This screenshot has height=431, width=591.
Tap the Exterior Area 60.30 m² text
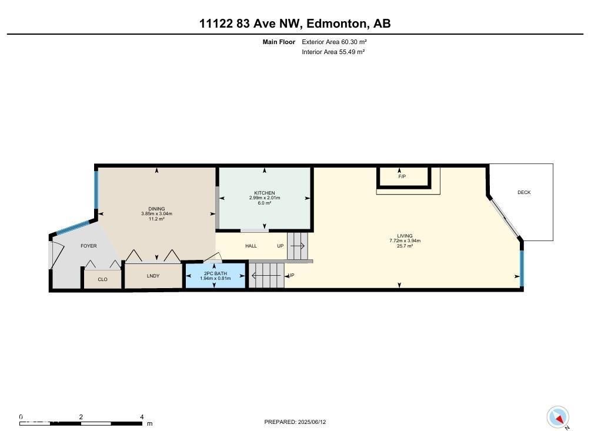[x=334, y=42]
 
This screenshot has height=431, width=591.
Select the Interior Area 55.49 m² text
[x=333, y=52]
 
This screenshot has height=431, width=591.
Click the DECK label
[x=523, y=192]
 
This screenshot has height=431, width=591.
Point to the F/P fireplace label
[x=402, y=176]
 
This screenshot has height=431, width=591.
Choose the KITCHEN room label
[x=264, y=193]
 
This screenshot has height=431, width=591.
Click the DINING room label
[x=156, y=209]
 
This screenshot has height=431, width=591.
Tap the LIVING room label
[x=405, y=236]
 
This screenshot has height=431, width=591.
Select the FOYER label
[x=89, y=246]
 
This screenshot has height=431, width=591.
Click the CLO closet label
[x=103, y=279]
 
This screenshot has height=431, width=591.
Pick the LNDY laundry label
[x=153, y=276]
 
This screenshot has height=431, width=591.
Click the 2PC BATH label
[x=215, y=273]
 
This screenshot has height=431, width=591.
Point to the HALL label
[x=251, y=246]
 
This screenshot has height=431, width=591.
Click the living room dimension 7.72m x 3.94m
[x=405, y=240]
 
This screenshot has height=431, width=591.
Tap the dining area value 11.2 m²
[x=156, y=219]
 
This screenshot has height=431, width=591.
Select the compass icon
[x=557, y=417]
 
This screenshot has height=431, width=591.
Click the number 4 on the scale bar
[x=142, y=417]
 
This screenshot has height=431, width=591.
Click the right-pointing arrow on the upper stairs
[x=298, y=246]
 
